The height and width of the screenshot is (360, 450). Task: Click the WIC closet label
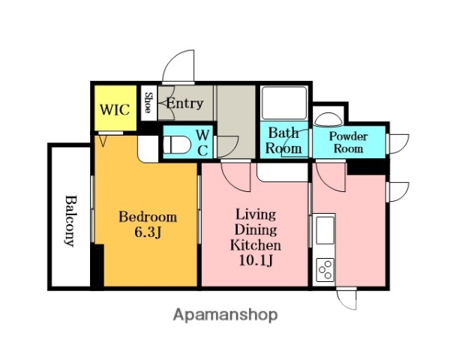115,109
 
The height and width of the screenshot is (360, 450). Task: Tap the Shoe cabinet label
148,103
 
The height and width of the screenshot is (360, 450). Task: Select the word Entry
184,103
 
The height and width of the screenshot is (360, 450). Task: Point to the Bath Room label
283,141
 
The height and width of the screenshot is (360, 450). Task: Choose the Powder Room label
349,142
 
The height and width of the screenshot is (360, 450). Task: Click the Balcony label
70,220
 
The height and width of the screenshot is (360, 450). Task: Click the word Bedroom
148,217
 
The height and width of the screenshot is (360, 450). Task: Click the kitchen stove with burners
325,268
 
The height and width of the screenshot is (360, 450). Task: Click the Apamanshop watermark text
225,315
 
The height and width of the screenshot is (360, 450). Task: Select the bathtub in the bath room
284,103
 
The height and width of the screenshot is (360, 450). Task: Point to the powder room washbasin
327,119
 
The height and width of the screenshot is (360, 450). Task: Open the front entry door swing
180,67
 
